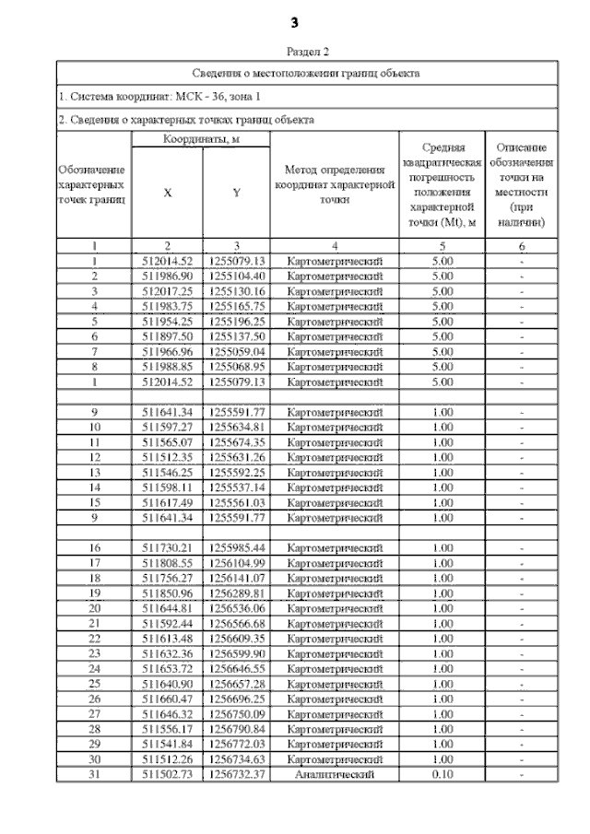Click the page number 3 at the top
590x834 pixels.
[x=295, y=21]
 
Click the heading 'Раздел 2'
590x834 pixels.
[x=307, y=52]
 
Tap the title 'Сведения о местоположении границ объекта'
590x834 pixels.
[x=307, y=73]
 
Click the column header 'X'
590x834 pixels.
[x=167, y=193]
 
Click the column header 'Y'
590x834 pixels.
[x=236, y=193]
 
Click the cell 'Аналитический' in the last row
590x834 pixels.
[x=334, y=776]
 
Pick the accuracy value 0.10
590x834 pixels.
[x=442, y=776]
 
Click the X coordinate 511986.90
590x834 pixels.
[x=167, y=276]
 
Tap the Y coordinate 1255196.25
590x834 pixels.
[x=236, y=321]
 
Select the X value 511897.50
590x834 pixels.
[x=167, y=336]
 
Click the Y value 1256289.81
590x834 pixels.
[x=236, y=593]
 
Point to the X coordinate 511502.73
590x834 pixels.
[x=167, y=776]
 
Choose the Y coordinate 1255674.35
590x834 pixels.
[x=236, y=442]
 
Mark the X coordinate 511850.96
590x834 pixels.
[x=167, y=593]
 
